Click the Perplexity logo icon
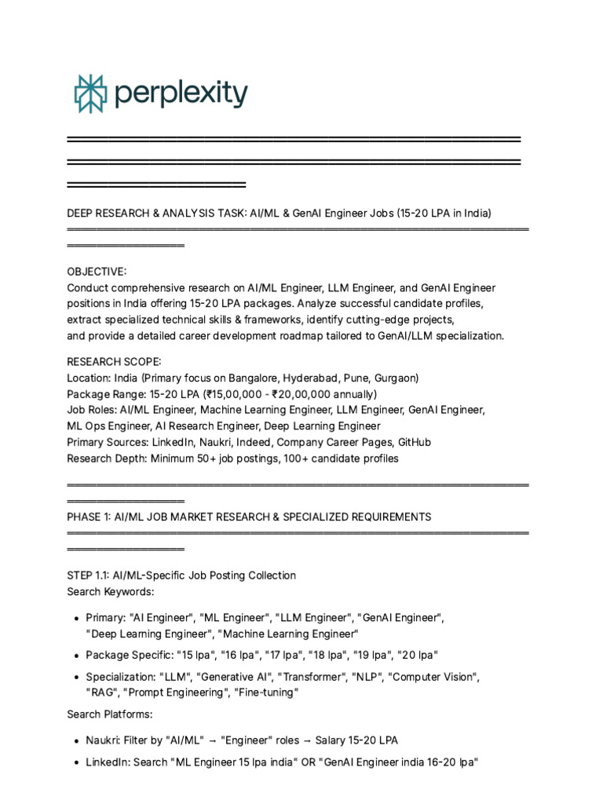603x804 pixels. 90,94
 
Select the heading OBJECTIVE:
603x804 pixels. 97,272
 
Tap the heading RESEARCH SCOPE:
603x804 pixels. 114,361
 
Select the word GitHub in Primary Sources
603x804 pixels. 415,442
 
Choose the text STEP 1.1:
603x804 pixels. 88,576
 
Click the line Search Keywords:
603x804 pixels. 111,591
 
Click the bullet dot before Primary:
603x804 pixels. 75,619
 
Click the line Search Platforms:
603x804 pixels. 110,714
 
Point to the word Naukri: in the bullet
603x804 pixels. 105,740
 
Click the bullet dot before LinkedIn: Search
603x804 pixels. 75,763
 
